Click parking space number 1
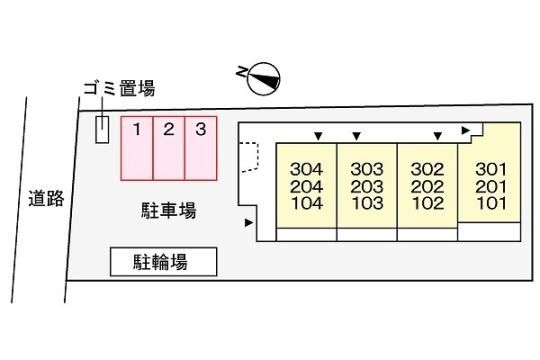coord(137,148)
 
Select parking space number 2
coord(169,148)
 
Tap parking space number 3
coord(201,148)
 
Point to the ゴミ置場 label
coord(119,88)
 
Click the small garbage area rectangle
coord(102,130)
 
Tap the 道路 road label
coord(46,198)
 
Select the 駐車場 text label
coord(169,210)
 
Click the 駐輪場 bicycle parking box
coord(164,262)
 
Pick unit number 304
coord(307,169)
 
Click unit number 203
coord(367,186)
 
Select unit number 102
coord(427,203)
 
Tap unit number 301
coord(491,169)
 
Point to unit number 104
coord(307,203)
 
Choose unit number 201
coord(491,186)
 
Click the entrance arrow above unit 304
coord(319,136)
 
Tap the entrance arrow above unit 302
coord(438,136)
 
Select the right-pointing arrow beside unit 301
coord(466,131)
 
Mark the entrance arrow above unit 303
coord(357,136)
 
